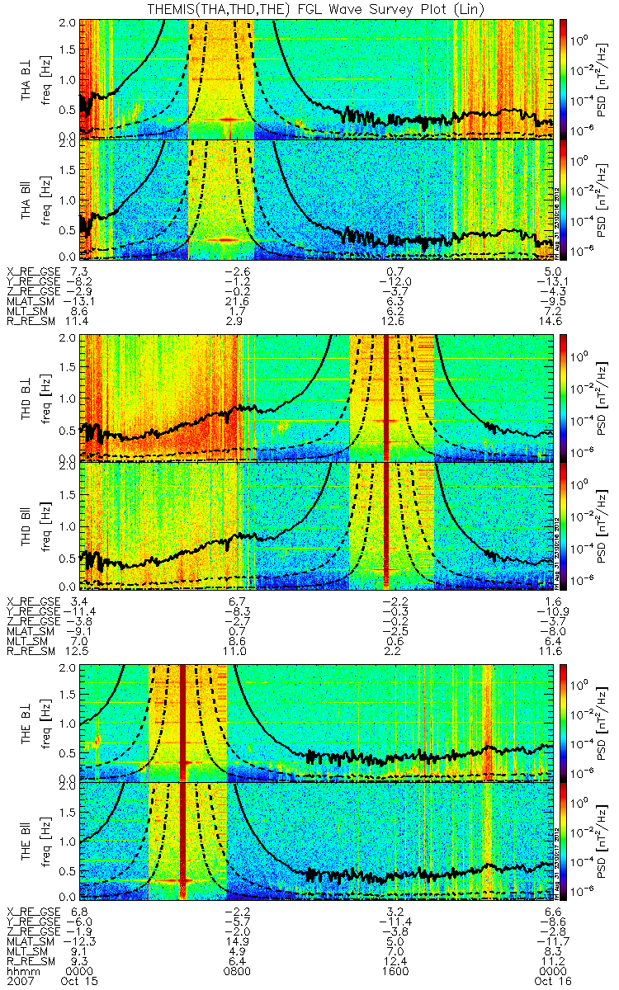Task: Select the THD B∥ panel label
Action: (29, 526)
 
